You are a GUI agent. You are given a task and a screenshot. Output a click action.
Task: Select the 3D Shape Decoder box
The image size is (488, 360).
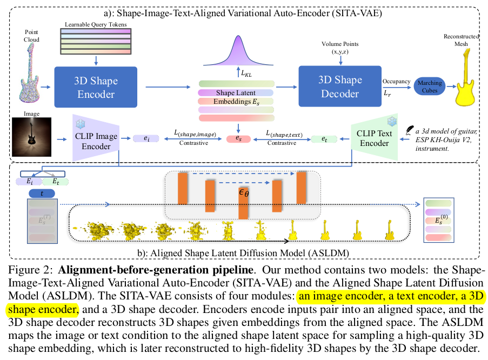click(339, 86)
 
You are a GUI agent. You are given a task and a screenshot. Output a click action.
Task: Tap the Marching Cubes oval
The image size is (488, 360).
click(430, 86)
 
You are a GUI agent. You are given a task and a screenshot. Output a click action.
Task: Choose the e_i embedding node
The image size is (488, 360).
click(145, 139)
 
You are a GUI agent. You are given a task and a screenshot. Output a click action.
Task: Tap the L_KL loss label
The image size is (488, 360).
click(248, 74)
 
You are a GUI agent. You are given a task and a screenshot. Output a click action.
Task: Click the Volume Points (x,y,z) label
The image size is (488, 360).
click(339, 47)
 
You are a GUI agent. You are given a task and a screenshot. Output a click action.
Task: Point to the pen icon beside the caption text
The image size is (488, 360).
click(409, 130)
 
